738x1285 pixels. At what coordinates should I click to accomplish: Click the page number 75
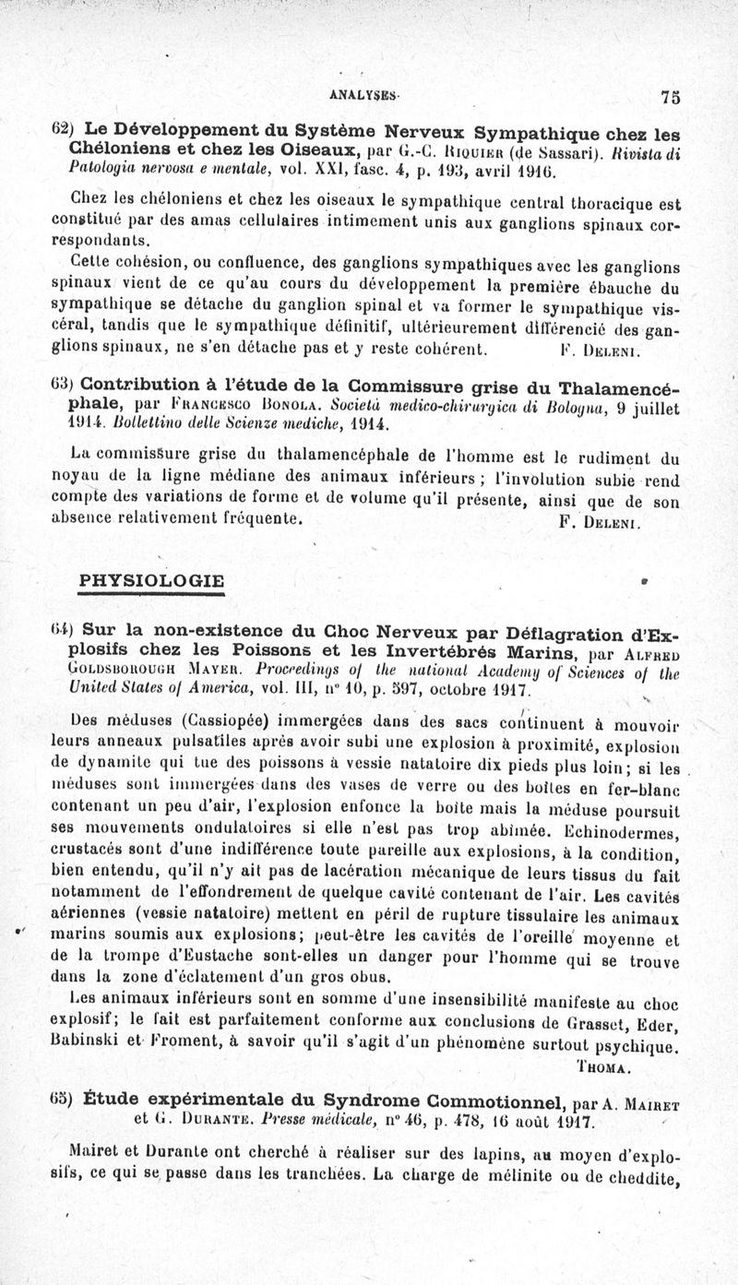[x=670, y=96]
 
